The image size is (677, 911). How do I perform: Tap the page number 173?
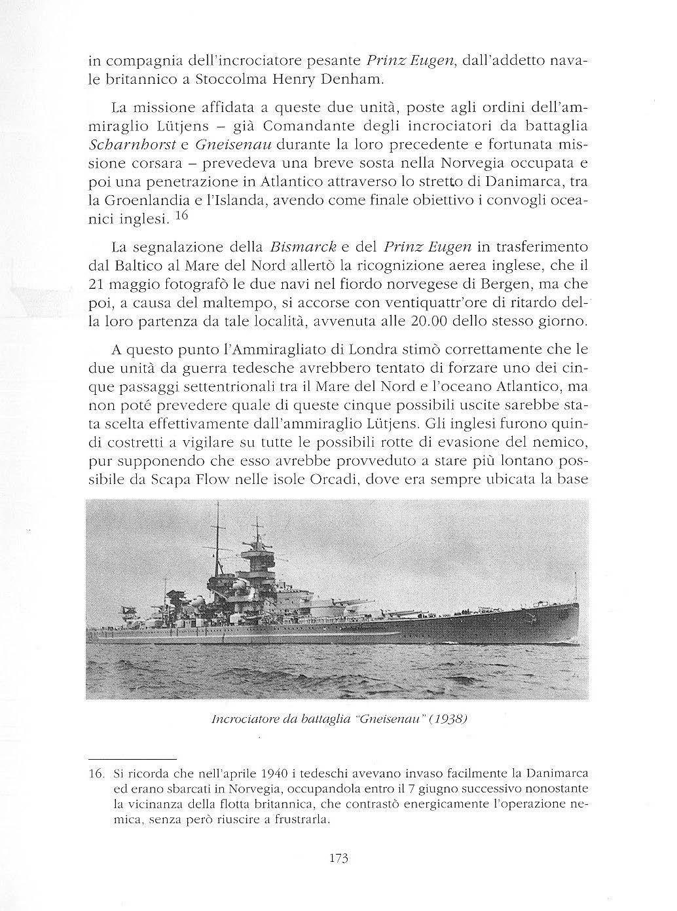pyautogui.click(x=337, y=858)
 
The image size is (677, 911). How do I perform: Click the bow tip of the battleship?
pyautogui.click(x=579, y=603)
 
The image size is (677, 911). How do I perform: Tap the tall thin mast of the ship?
pyautogui.click(x=217, y=537)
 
